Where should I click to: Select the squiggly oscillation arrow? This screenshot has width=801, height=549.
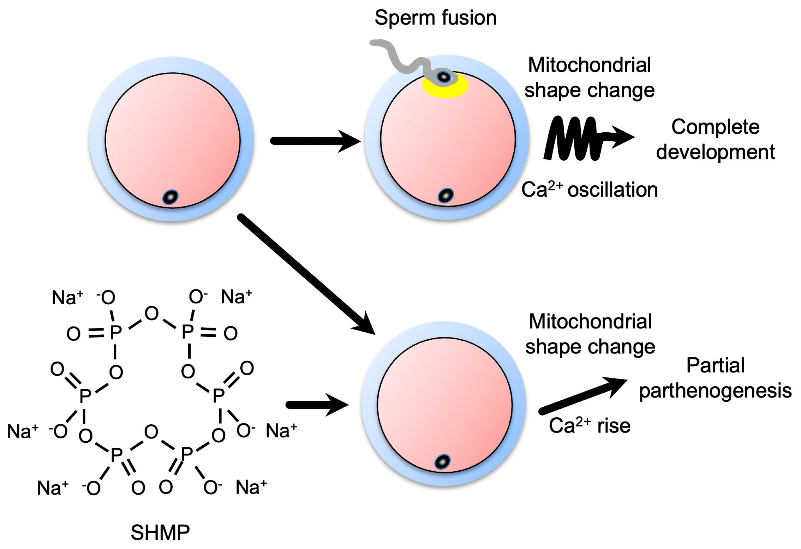[x=579, y=138]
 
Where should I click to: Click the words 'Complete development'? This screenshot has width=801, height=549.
[x=715, y=139]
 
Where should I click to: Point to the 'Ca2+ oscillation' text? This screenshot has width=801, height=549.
[x=590, y=190]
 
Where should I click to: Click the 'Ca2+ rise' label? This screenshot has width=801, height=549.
[x=590, y=426]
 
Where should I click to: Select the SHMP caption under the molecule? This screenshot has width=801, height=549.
[x=160, y=532]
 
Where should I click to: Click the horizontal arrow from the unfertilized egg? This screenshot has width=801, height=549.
[x=314, y=141]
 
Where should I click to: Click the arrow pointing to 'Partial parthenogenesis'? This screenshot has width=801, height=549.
[x=582, y=395]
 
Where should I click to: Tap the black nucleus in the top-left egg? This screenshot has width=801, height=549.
[x=171, y=197]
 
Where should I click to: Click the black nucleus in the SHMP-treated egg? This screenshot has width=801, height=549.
[x=442, y=462]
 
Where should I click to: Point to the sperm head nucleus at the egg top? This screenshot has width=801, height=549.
[x=444, y=77]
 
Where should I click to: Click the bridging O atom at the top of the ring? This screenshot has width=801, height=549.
[x=152, y=314]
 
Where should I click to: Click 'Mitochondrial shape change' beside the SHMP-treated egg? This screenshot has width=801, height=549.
[x=590, y=334]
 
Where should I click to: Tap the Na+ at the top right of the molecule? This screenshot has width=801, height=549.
[x=236, y=297]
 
